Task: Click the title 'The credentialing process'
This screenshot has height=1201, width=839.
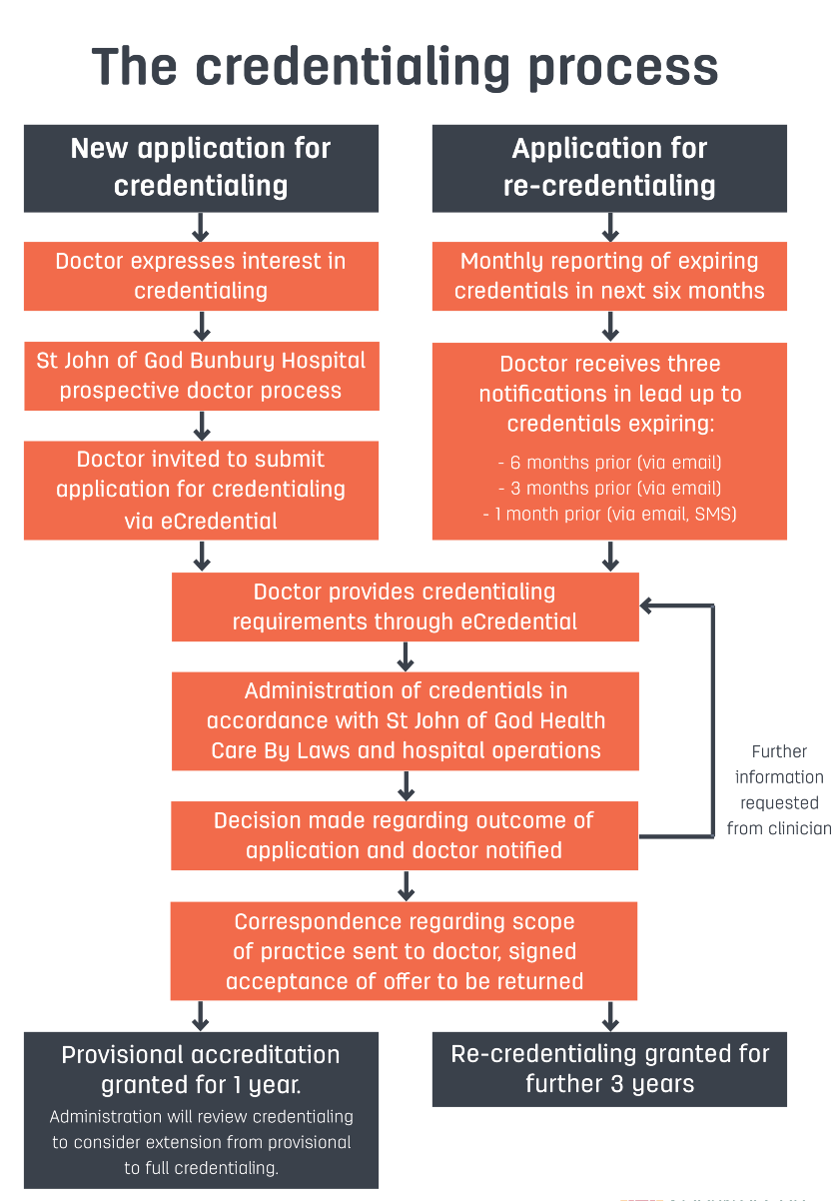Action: (405, 67)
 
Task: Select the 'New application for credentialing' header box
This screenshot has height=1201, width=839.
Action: (201, 168)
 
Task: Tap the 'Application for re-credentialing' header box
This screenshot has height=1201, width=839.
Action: (609, 168)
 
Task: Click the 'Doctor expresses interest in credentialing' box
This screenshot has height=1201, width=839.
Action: (201, 276)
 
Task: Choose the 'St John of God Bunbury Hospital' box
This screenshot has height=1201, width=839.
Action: (201, 375)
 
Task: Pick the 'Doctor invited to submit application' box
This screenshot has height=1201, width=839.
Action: (201, 490)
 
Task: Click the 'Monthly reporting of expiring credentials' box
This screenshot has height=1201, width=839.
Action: (609, 276)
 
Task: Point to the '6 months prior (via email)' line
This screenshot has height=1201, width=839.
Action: (609, 463)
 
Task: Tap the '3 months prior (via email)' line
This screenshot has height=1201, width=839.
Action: (609, 489)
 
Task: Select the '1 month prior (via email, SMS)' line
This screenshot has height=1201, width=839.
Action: (609, 515)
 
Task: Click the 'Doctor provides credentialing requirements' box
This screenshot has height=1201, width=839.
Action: (405, 606)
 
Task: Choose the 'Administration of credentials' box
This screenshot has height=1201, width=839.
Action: (405, 720)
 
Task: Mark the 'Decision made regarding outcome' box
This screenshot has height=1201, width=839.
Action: (405, 835)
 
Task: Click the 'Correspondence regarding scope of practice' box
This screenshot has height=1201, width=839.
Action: (405, 950)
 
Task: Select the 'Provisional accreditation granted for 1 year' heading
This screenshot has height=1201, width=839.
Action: (201, 1069)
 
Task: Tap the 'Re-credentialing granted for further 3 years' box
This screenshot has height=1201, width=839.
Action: (609, 1069)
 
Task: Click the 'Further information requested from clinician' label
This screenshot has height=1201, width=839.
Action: (779, 789)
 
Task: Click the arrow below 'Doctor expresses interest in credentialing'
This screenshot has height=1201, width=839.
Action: (201, 326)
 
